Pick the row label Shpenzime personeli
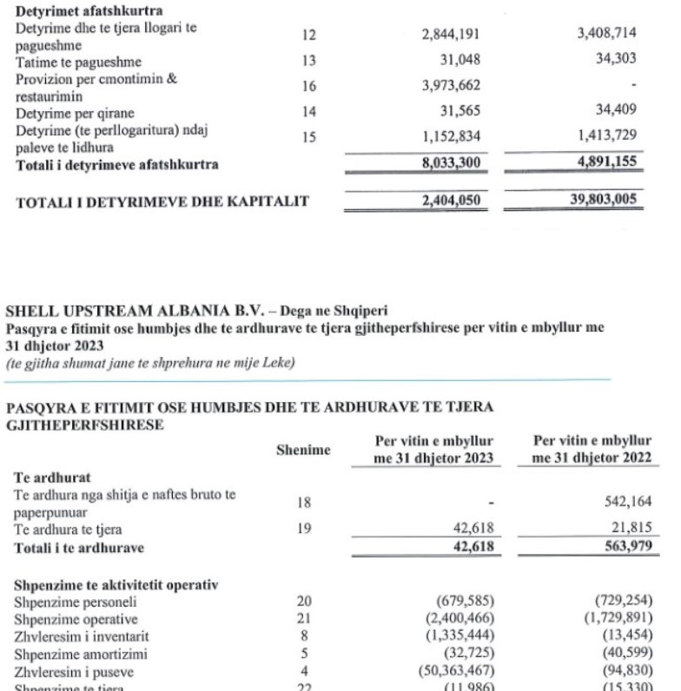pyautogui.click(x=67, y=600)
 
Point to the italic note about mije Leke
pyautogui.click(x=150, y=364)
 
